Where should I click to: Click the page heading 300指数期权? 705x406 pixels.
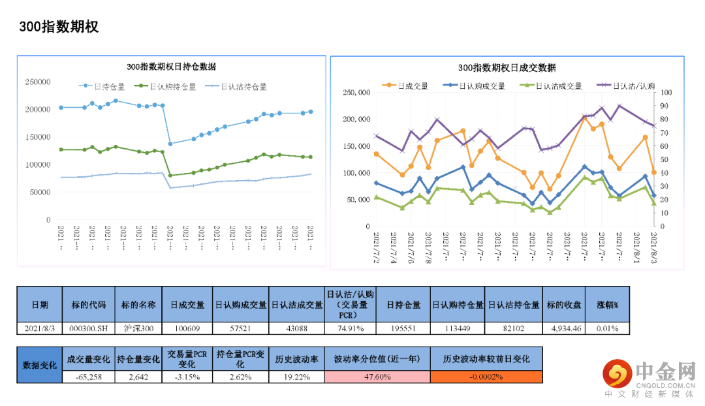(x=59, y=27)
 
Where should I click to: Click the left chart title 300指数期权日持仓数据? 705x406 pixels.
(x=171, y=67)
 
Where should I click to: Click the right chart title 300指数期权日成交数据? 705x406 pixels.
(x=507, y=68)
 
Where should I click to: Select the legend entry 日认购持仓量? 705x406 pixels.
(x=164, y=86)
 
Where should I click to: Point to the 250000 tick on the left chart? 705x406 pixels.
(x=38, y=82)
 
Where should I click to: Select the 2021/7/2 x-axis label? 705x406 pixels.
(x=377, y=247)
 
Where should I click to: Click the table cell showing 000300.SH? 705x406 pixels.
(x=87, y=328)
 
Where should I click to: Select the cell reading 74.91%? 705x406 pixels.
(x=351, y=328)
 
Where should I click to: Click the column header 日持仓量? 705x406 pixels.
(x=403, y=305)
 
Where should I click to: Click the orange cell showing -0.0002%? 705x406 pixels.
(x=486, y=377)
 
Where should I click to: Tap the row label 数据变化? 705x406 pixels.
(x=40, y=365)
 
